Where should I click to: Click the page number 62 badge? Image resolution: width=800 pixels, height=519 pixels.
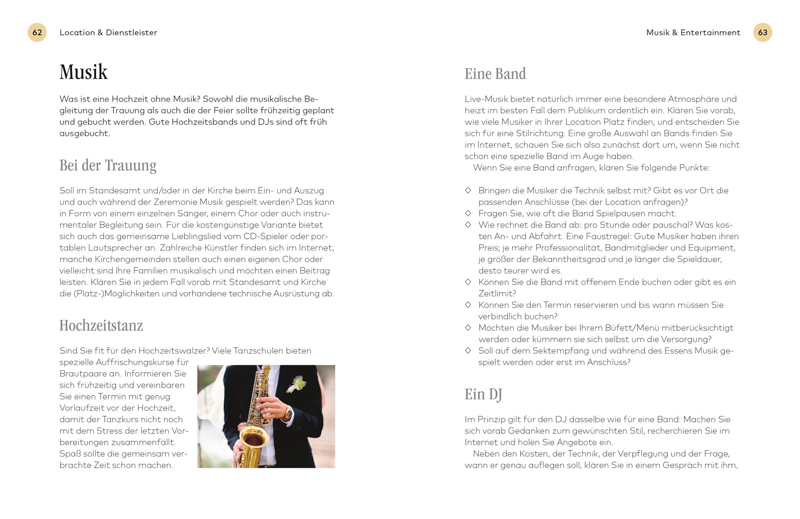tap(37, 32)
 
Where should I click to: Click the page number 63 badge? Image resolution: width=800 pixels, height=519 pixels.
tap(762, 32)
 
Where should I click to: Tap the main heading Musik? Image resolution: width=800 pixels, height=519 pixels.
tap(84, 72)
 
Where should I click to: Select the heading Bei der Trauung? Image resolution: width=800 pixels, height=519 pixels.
tap(108, 165)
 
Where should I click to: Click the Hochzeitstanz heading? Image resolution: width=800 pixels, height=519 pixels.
tap(101, 326)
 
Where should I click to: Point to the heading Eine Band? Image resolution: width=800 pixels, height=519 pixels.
tap(495, 74)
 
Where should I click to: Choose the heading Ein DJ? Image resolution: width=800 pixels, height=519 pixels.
tap(483, 394)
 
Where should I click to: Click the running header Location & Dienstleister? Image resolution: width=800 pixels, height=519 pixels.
tap(108, 32)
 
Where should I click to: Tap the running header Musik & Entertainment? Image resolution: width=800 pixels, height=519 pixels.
tap(693, 32)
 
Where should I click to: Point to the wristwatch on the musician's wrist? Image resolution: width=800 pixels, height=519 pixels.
tap(288, 413)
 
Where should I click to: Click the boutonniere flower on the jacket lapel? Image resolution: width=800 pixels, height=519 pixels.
tap(297, 383)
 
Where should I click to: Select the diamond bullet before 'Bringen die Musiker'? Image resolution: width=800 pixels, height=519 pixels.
tap(468, 190)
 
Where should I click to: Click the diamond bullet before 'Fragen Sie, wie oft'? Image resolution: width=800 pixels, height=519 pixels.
tap(468, 213)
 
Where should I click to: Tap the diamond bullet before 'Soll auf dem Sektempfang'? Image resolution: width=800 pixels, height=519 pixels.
tap(468, 350)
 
